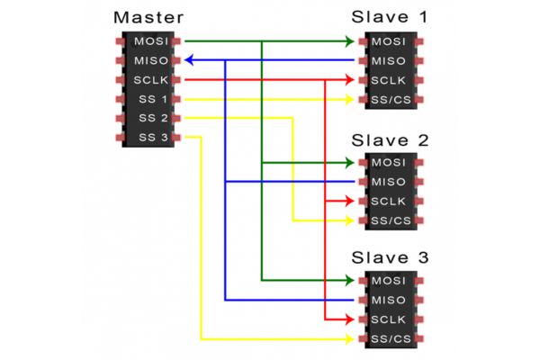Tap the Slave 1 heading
click(389, 18)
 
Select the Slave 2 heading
click(390, 140)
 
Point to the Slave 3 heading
click(390, 259)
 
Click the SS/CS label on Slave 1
click(391, 99)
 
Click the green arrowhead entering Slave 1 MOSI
click(351, 41)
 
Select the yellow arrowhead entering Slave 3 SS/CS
click(351, 339)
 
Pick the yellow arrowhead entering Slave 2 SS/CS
click(351, 220)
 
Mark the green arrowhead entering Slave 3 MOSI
click(351, 281)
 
